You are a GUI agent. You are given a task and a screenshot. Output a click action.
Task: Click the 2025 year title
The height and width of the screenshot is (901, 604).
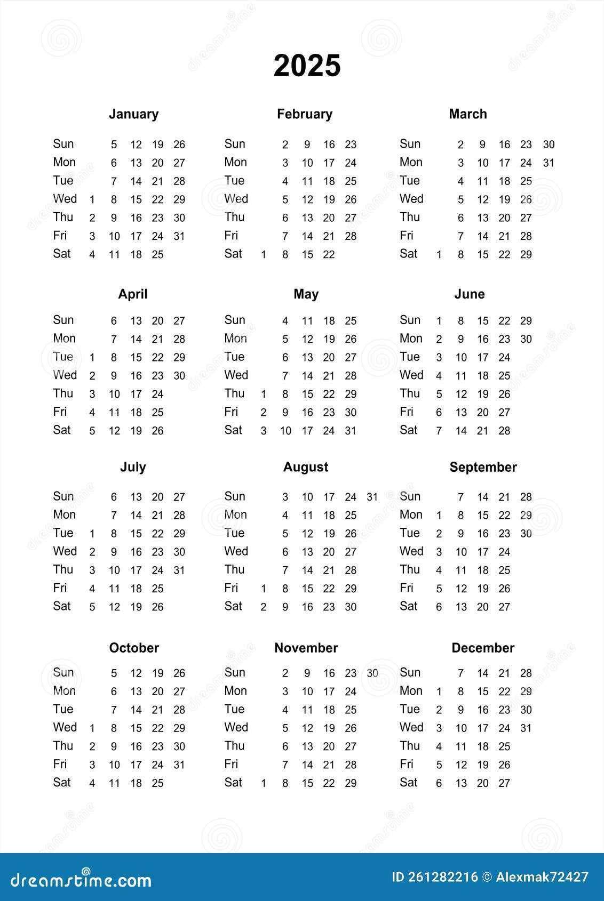click(x=307, y=66)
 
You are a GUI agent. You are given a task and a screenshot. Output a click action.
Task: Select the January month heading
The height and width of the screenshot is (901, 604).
click(x=133, y=114)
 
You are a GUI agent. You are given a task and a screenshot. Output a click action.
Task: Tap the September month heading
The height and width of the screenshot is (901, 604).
click(x=483, y=467)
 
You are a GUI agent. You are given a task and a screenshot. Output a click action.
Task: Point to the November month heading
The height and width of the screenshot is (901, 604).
click(x=306, y=648)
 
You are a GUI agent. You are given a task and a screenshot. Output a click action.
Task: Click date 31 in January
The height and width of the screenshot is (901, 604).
click(x=179, y=236)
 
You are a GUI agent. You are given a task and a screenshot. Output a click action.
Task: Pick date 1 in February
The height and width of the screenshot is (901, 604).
click(x=264, y=255)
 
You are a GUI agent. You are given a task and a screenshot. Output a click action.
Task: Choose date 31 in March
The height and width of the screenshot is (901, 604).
click(x=549, y=163)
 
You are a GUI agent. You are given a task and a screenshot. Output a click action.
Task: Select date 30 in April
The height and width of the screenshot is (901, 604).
click(x=179, y=376)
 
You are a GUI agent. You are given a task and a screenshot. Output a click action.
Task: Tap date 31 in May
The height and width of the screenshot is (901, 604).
click(x=351, y=431)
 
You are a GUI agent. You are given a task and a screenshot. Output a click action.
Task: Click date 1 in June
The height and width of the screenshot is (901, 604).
click(x=439, y=321)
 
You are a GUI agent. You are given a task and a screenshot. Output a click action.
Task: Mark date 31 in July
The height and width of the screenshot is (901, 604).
click(x=179, y=570)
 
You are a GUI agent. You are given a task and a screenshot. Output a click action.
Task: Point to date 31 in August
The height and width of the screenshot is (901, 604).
click(x=372, y=497)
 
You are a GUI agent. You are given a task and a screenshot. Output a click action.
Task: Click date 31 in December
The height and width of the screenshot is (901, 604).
click(x=526, y=728)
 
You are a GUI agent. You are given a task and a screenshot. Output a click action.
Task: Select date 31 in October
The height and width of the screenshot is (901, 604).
click(x=179, y=765)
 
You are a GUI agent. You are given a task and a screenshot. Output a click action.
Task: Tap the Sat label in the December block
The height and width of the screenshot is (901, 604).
click(x=409, y=783)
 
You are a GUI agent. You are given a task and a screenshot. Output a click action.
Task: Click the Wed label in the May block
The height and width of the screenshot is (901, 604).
click(x=236, y=375)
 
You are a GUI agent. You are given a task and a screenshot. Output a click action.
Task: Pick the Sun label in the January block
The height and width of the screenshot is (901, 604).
click(x=63, y=144)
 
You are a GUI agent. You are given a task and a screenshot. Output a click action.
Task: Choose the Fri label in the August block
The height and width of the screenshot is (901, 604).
click(x=231, y=588)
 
